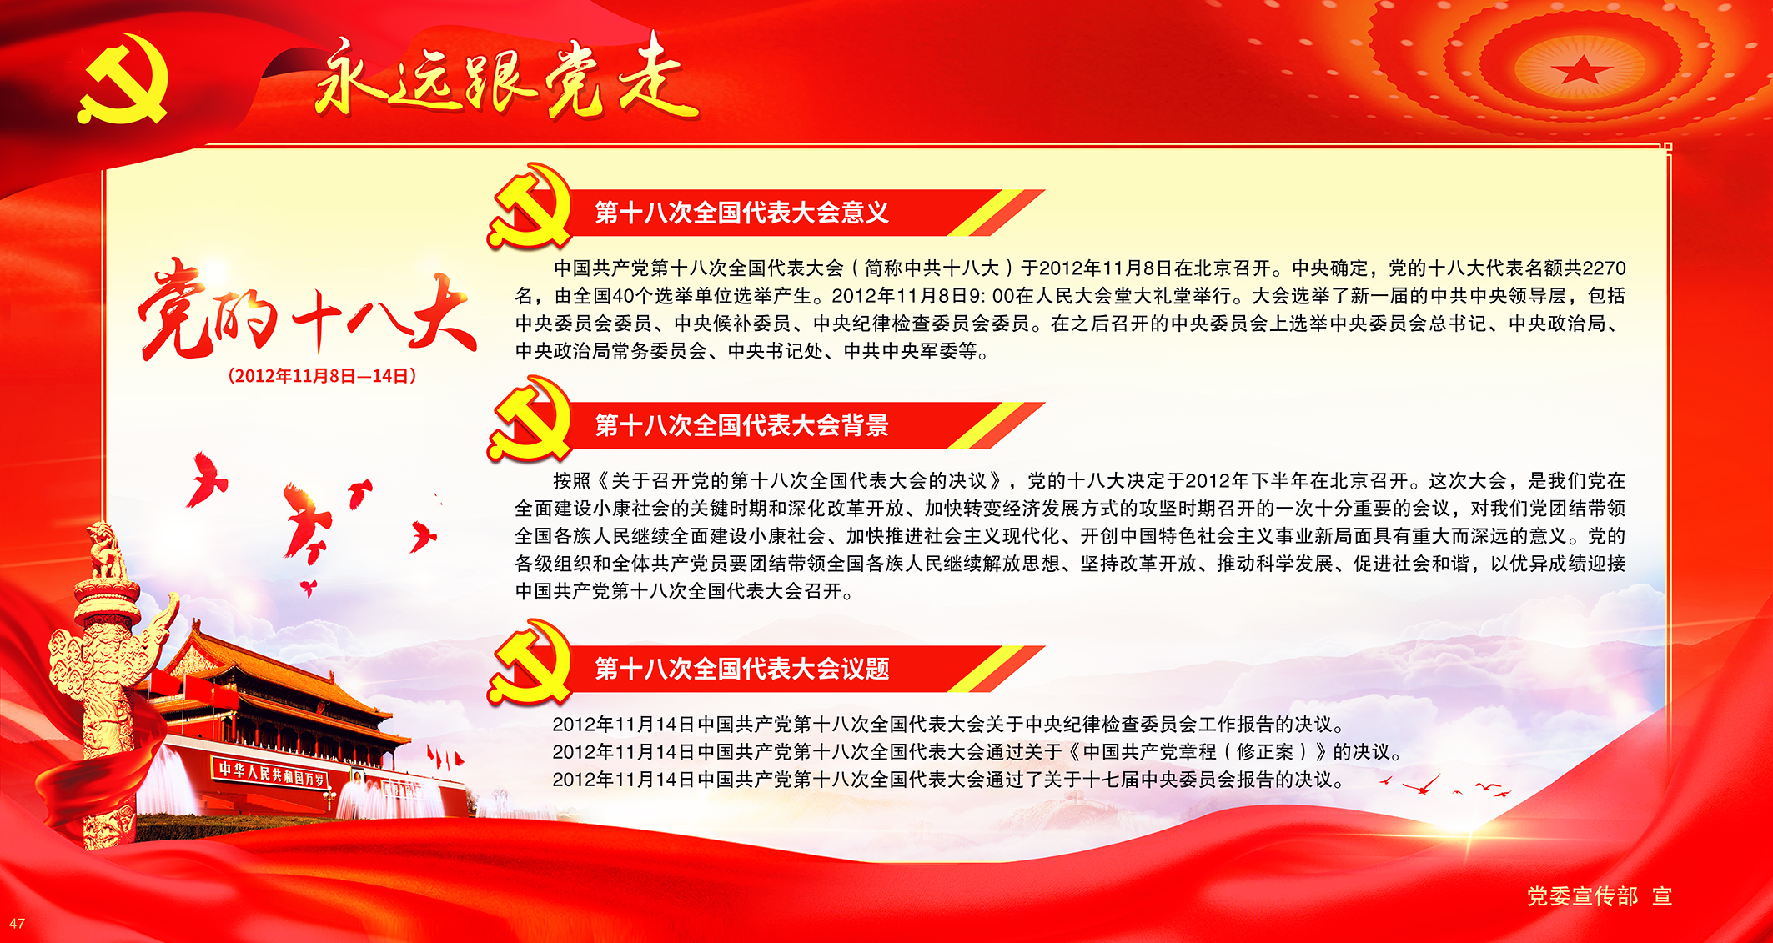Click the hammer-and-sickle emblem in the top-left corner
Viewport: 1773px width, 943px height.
(x=123, y=79)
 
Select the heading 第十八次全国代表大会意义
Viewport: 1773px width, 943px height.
(x=741, y=213)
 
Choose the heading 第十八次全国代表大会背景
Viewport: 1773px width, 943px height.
(x=741, y=425)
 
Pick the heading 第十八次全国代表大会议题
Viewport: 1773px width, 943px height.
(x=741, y=669)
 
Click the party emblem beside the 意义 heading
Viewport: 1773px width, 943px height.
(x=530, y=206)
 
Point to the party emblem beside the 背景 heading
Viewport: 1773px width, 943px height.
(x=530, y=419)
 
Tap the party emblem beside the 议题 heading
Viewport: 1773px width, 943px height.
(x=530, y=662)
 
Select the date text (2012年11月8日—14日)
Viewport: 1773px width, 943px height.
(x=322, y=376)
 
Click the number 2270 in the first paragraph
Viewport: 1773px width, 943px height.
(x=1604, y=268)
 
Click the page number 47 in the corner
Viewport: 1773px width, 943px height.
(x=17, y=924)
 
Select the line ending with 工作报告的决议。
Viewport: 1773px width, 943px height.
(x=948, y=725)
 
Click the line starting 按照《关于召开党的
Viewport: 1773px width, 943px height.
(x=1089, y=481)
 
